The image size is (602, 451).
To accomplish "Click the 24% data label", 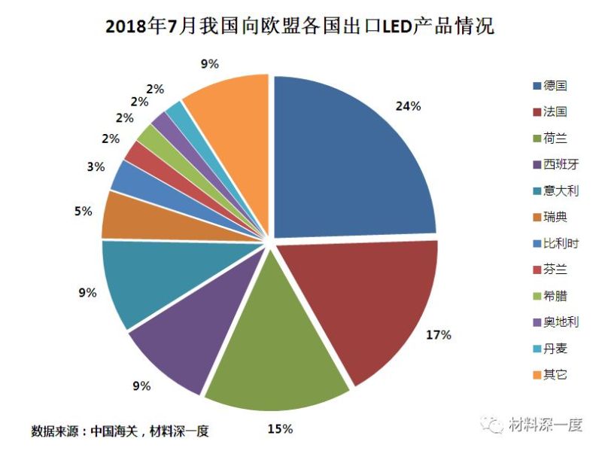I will (x=408, y=106).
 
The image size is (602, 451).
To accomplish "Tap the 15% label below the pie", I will (x=280, y=429).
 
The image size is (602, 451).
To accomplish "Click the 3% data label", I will (x=96, y=167).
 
